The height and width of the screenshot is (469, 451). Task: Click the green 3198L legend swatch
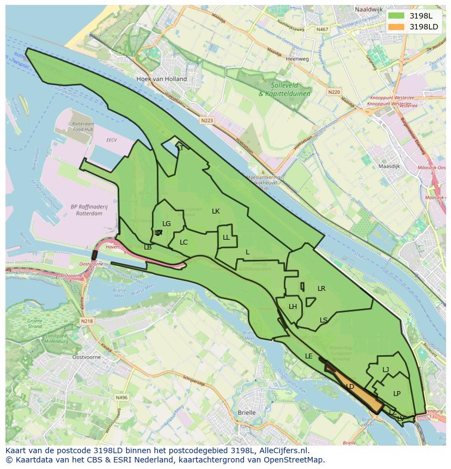[396, 16]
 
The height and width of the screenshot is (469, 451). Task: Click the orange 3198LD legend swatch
[396, 26]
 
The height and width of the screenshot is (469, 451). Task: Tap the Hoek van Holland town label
[161, 79]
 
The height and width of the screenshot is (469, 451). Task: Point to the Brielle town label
[247, 412]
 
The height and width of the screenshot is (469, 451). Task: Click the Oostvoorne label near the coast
[86, 357]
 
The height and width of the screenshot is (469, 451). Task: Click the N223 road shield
[206, 120]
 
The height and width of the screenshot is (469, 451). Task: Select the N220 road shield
[334, 92]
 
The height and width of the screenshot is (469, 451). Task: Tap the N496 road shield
[121, 398]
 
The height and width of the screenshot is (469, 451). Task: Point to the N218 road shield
[87, 321]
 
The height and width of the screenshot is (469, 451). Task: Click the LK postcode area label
[216, 211]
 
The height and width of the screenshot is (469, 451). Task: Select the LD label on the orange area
[350, 387]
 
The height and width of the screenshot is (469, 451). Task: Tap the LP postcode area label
[397, 393]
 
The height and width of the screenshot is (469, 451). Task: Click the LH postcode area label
[292, 307]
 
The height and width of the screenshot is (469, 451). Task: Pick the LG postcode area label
[167, 223]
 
